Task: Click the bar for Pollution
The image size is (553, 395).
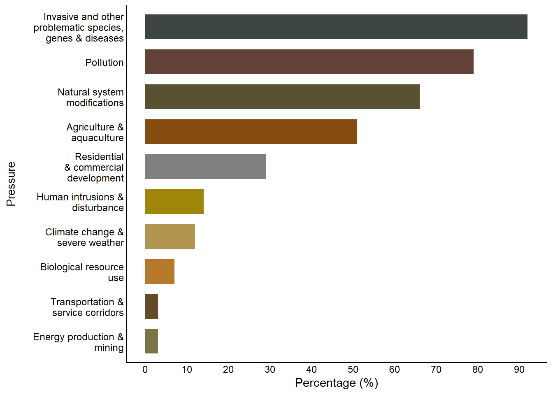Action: (309, 62)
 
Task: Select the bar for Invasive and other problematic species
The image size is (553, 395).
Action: (336, 27)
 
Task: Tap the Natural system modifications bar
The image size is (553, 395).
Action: (282, 97)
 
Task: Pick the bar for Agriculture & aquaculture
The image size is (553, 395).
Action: (251, 132)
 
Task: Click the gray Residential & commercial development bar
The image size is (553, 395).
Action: (205, 167)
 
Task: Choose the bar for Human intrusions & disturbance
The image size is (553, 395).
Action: (174, 202)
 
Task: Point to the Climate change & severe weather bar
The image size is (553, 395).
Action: (170, 237)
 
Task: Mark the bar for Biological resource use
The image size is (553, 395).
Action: (160, 272)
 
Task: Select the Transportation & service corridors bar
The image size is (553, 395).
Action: (151, 307)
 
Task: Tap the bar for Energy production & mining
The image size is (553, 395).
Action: (151, 342)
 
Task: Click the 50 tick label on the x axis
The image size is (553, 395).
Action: (353, 369)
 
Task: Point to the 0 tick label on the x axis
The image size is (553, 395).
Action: (145, 369)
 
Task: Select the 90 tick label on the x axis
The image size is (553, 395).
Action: (519, 369)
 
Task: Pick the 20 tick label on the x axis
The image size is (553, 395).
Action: (228, 369)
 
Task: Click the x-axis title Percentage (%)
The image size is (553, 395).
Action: (337, 383)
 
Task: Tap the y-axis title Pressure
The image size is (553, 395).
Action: (11, 184)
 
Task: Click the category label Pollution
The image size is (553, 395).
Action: (105, 63)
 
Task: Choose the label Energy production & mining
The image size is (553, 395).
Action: (79, 342)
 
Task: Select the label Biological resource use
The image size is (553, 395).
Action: (82, 272)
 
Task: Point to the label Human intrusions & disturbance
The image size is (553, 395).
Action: (80, 202)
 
